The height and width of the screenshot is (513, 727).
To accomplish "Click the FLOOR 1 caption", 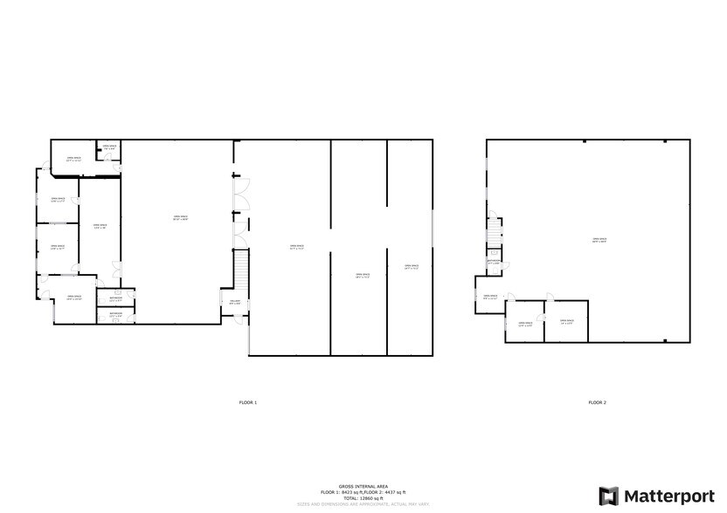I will coord(248,402).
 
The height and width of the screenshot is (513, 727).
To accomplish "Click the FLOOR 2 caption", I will coord(597,402).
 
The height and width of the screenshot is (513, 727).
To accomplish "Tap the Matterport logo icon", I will coord(608,496).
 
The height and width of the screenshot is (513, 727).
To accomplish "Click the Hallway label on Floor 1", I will coord(235,302).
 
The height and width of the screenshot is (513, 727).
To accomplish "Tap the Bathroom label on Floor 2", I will coord(494,262).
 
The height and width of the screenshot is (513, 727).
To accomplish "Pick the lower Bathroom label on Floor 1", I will coord(115,314).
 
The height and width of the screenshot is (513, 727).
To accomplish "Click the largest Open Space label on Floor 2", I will coord(599,240).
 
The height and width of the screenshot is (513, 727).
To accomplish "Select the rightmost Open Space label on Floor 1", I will coord(412,267).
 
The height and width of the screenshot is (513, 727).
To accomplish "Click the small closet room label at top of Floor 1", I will coord(109,148).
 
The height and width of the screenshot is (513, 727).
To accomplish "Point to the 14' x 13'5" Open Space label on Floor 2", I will coord(566,322).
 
